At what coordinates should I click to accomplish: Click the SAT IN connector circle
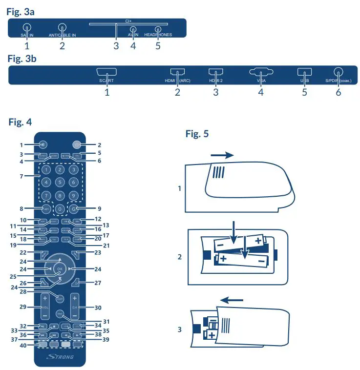[27, 29]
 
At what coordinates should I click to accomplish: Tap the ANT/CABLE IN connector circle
[62, 28]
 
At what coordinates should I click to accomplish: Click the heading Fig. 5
[197, 134]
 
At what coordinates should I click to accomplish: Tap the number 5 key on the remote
[60, 182]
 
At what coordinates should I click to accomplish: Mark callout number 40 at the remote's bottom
[23, 345]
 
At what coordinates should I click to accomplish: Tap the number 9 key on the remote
[73, 195]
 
